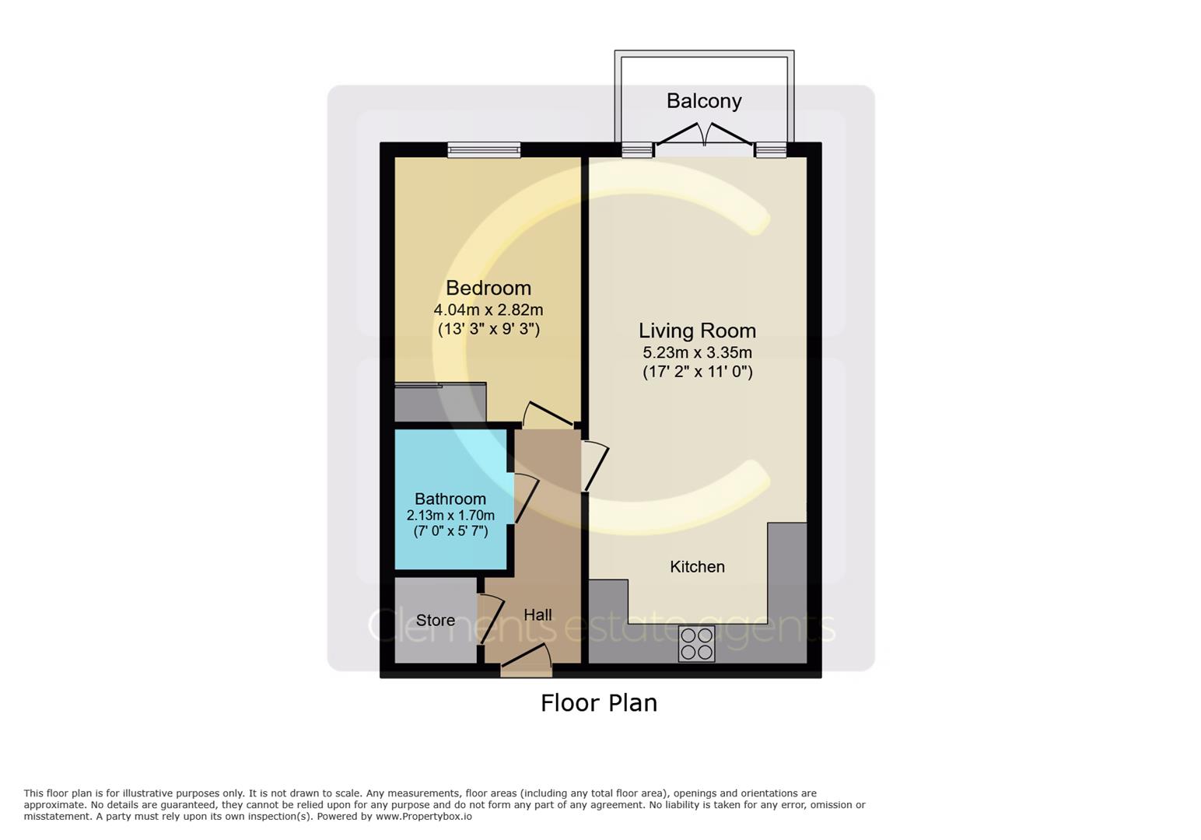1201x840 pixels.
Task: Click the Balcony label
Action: point(703,101)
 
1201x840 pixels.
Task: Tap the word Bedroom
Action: point(488,288)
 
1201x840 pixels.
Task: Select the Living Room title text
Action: point(697,331)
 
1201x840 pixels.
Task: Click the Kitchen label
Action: point(697,567)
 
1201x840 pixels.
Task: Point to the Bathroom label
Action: point(450,499)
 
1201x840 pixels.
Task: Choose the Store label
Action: point(436,620)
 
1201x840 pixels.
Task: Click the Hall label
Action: point(537,615)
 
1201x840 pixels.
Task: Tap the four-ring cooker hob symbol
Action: point(696,644)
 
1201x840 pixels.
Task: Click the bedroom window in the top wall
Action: point(484,149)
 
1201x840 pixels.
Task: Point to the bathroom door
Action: point(526,499)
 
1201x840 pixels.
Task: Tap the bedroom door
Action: point(549,415)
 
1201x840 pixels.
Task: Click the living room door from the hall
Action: point(596,466)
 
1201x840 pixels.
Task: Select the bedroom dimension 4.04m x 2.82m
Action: point(488,310)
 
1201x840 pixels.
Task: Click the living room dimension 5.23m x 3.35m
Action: point(697,353)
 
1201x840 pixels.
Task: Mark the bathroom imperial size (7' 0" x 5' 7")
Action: point(450,531)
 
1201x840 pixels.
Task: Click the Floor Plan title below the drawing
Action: point(599,703)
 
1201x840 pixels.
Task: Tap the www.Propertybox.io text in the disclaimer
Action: point(424,817)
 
